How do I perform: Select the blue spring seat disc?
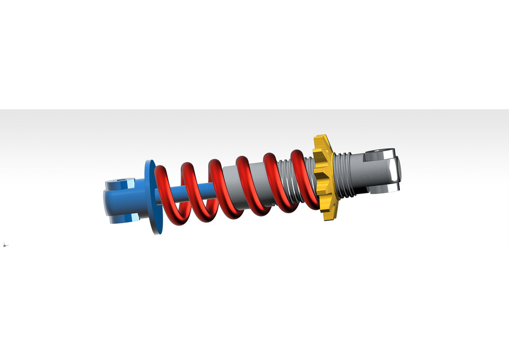pyautogui.click(x=151, y=197)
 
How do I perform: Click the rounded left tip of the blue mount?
pyautogui.click(x=107, y=200)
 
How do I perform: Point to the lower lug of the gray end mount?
pyautogui.click(x=382, y=188)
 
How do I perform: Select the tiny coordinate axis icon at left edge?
pyautogui.click(x=5, y=245)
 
